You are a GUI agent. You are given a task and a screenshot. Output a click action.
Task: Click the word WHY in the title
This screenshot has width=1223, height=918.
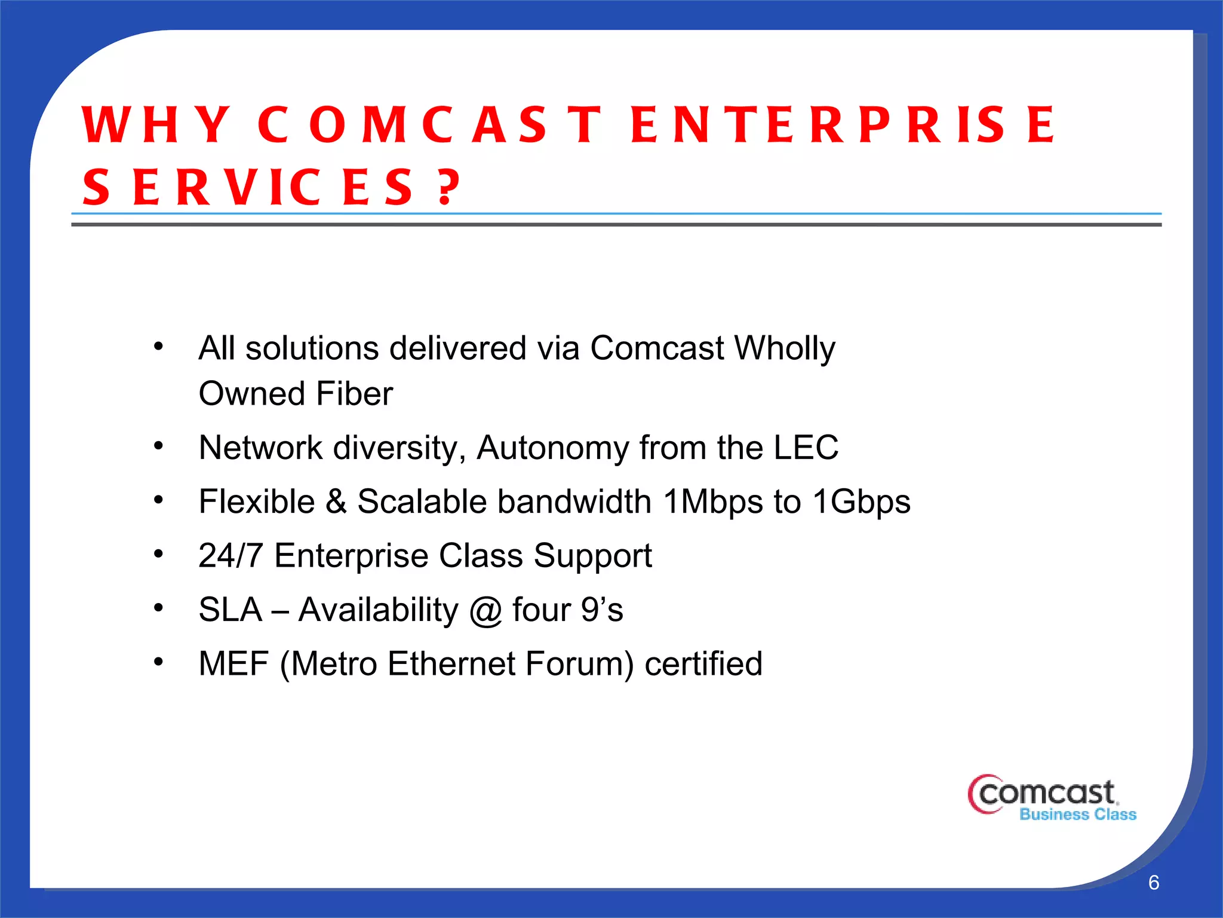(156, 124)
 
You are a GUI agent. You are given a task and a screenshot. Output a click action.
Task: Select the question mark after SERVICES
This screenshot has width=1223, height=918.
(448, 187)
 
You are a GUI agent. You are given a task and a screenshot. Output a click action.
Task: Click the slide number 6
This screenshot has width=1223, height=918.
(1154, 883)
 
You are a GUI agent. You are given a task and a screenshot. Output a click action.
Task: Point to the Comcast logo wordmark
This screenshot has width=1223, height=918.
(1045, 794)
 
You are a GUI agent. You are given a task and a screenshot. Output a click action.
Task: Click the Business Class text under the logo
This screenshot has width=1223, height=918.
(1077, 815)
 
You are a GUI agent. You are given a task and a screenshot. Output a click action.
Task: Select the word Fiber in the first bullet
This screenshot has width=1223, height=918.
(354, 394)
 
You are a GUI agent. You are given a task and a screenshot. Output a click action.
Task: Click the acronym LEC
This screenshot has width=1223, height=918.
(806, 448)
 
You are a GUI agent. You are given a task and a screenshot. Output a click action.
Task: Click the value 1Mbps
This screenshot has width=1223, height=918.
(712, 502)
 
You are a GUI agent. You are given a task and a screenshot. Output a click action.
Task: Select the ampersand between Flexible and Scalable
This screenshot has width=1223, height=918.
(336, 501)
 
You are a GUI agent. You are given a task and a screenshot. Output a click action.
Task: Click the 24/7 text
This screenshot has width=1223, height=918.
(231, 556)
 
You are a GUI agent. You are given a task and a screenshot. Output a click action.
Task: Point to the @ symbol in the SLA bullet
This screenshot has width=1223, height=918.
(485, 611)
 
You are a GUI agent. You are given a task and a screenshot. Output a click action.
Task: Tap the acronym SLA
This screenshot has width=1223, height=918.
(231, 610)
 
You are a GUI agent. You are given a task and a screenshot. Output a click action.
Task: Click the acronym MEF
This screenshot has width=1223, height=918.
(233, 664)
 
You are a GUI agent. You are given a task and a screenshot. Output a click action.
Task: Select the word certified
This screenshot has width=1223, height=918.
(703, 664)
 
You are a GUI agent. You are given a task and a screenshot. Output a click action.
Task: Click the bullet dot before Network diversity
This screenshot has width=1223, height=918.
(158, 446)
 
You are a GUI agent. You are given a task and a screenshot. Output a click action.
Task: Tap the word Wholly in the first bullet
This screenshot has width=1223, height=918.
(784, 349)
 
